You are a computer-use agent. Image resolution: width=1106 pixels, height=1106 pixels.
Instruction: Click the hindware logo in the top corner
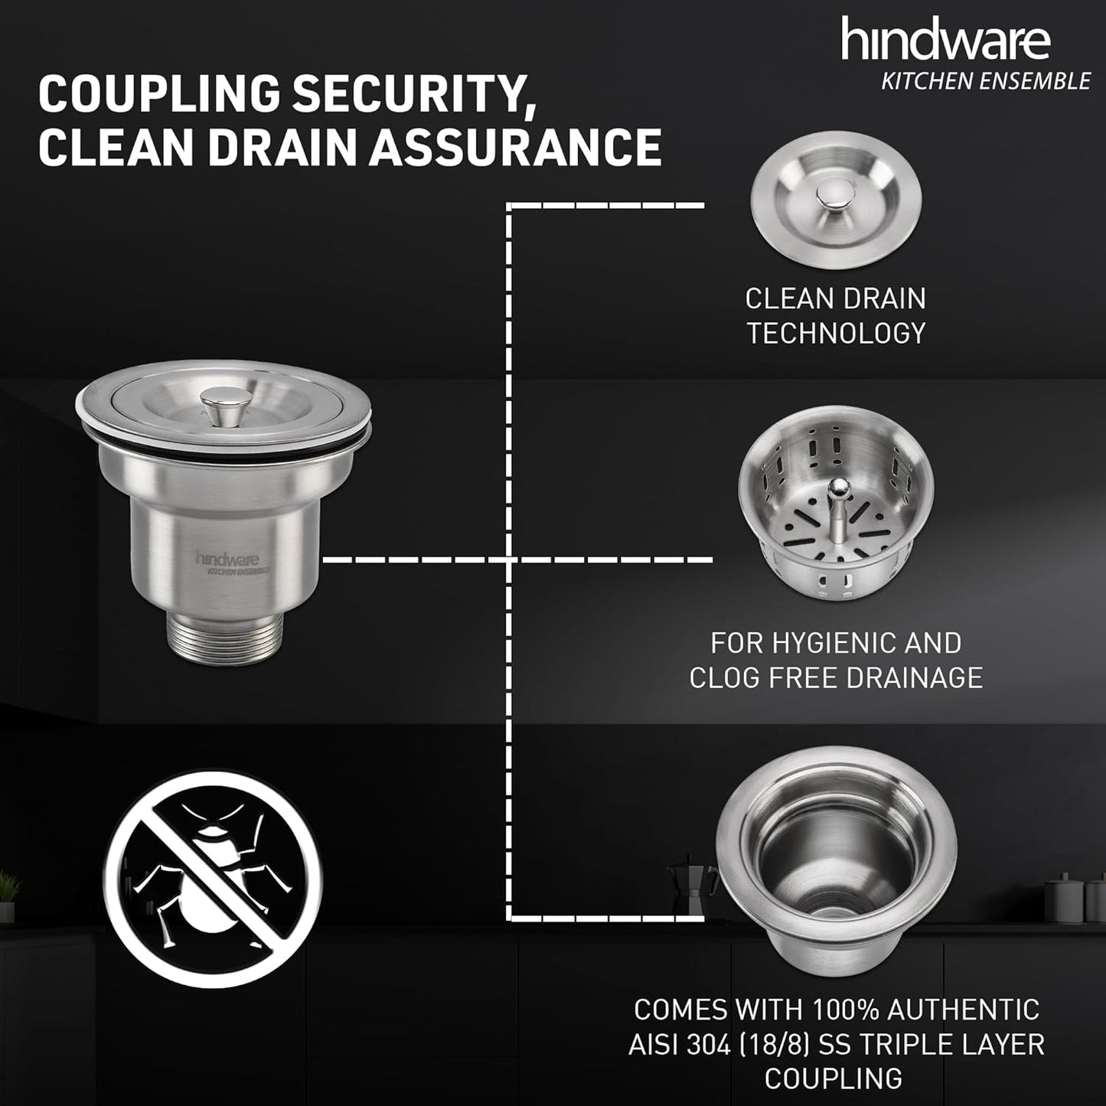click(x=945, y=40)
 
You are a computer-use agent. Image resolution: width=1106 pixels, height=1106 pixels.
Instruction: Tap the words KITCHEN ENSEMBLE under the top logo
click(x=985, y=81)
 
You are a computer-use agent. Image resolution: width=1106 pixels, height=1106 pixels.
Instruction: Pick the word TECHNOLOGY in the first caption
click(x=836, y=333)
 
